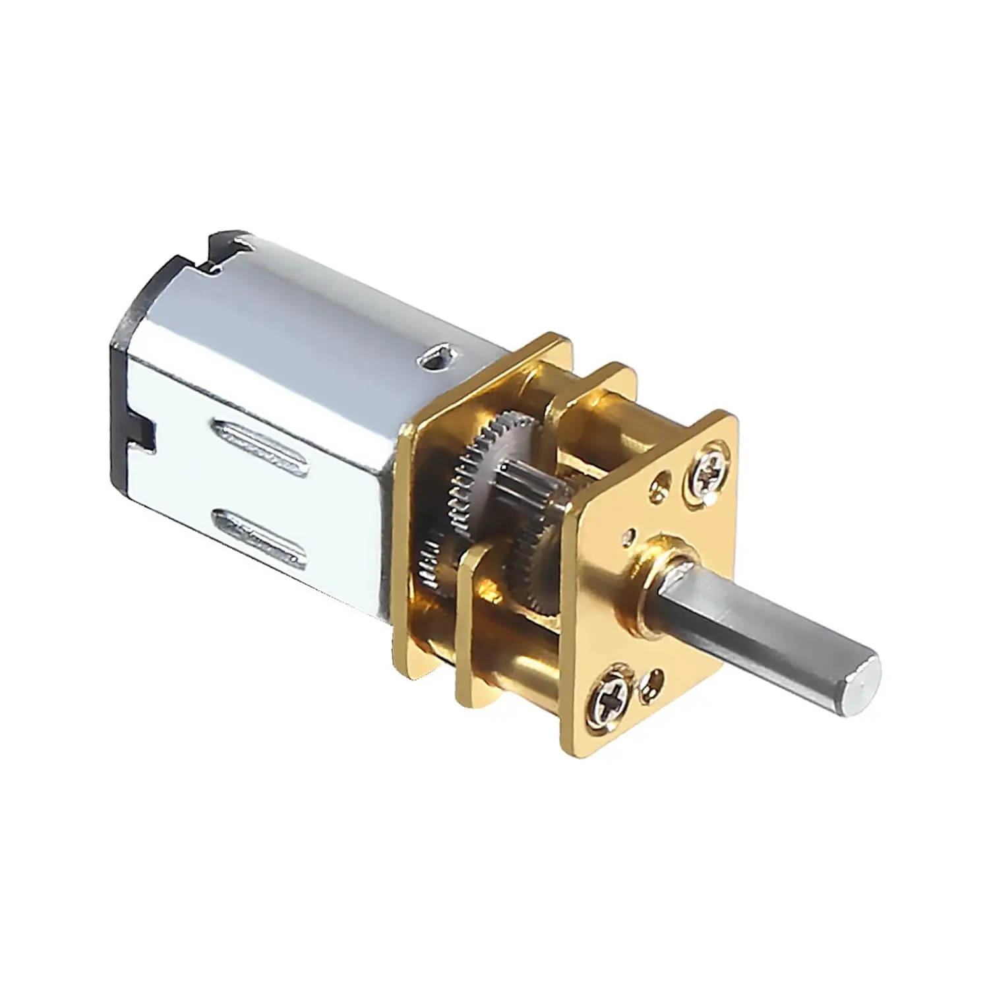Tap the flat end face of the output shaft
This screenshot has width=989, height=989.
[x=864, y=674]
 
